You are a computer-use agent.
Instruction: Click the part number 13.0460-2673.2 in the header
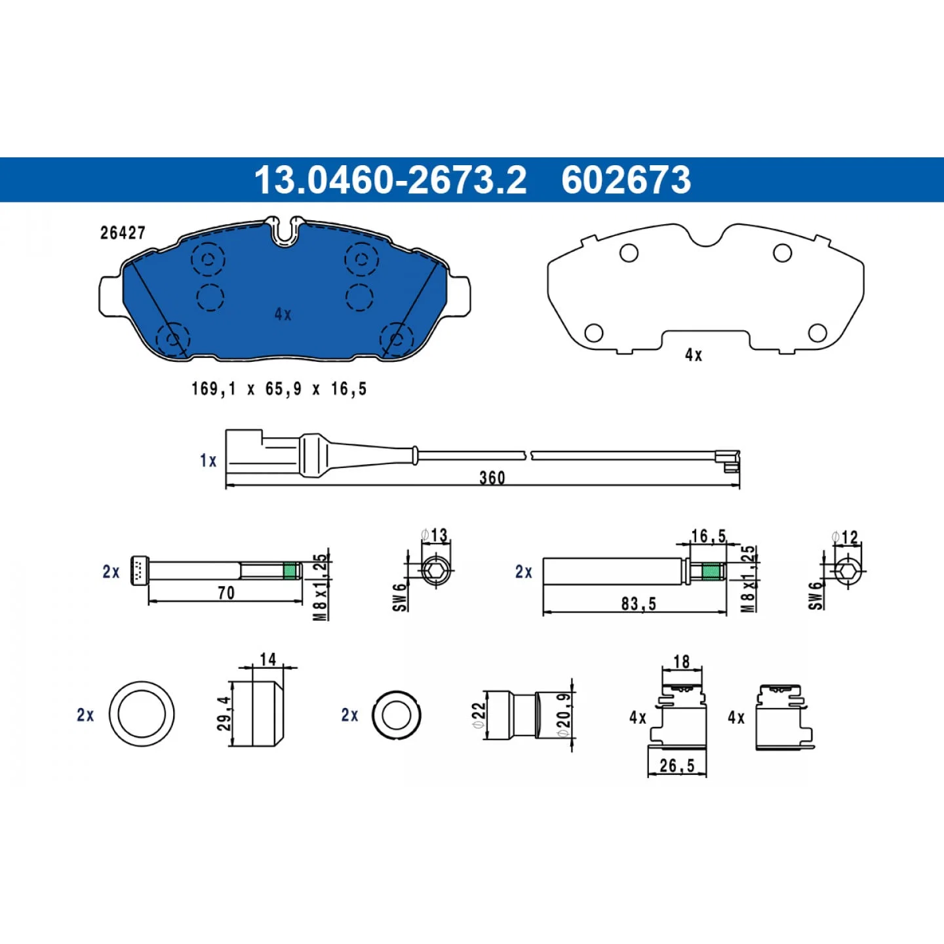tap(390, 180)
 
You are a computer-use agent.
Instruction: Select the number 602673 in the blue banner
tap(626, 180)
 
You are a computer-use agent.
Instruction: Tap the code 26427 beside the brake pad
tap(123, 233)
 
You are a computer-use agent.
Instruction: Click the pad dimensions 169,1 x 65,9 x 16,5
tap(279, 389)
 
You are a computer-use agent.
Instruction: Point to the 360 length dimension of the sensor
tap(492, 478)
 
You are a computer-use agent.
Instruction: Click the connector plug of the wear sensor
tap(245, 452)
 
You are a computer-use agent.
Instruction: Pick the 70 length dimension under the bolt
tap(226, 593)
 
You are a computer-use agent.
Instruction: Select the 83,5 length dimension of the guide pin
tap(639, 604)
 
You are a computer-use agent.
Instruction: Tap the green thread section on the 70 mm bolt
tap(290, 571)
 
